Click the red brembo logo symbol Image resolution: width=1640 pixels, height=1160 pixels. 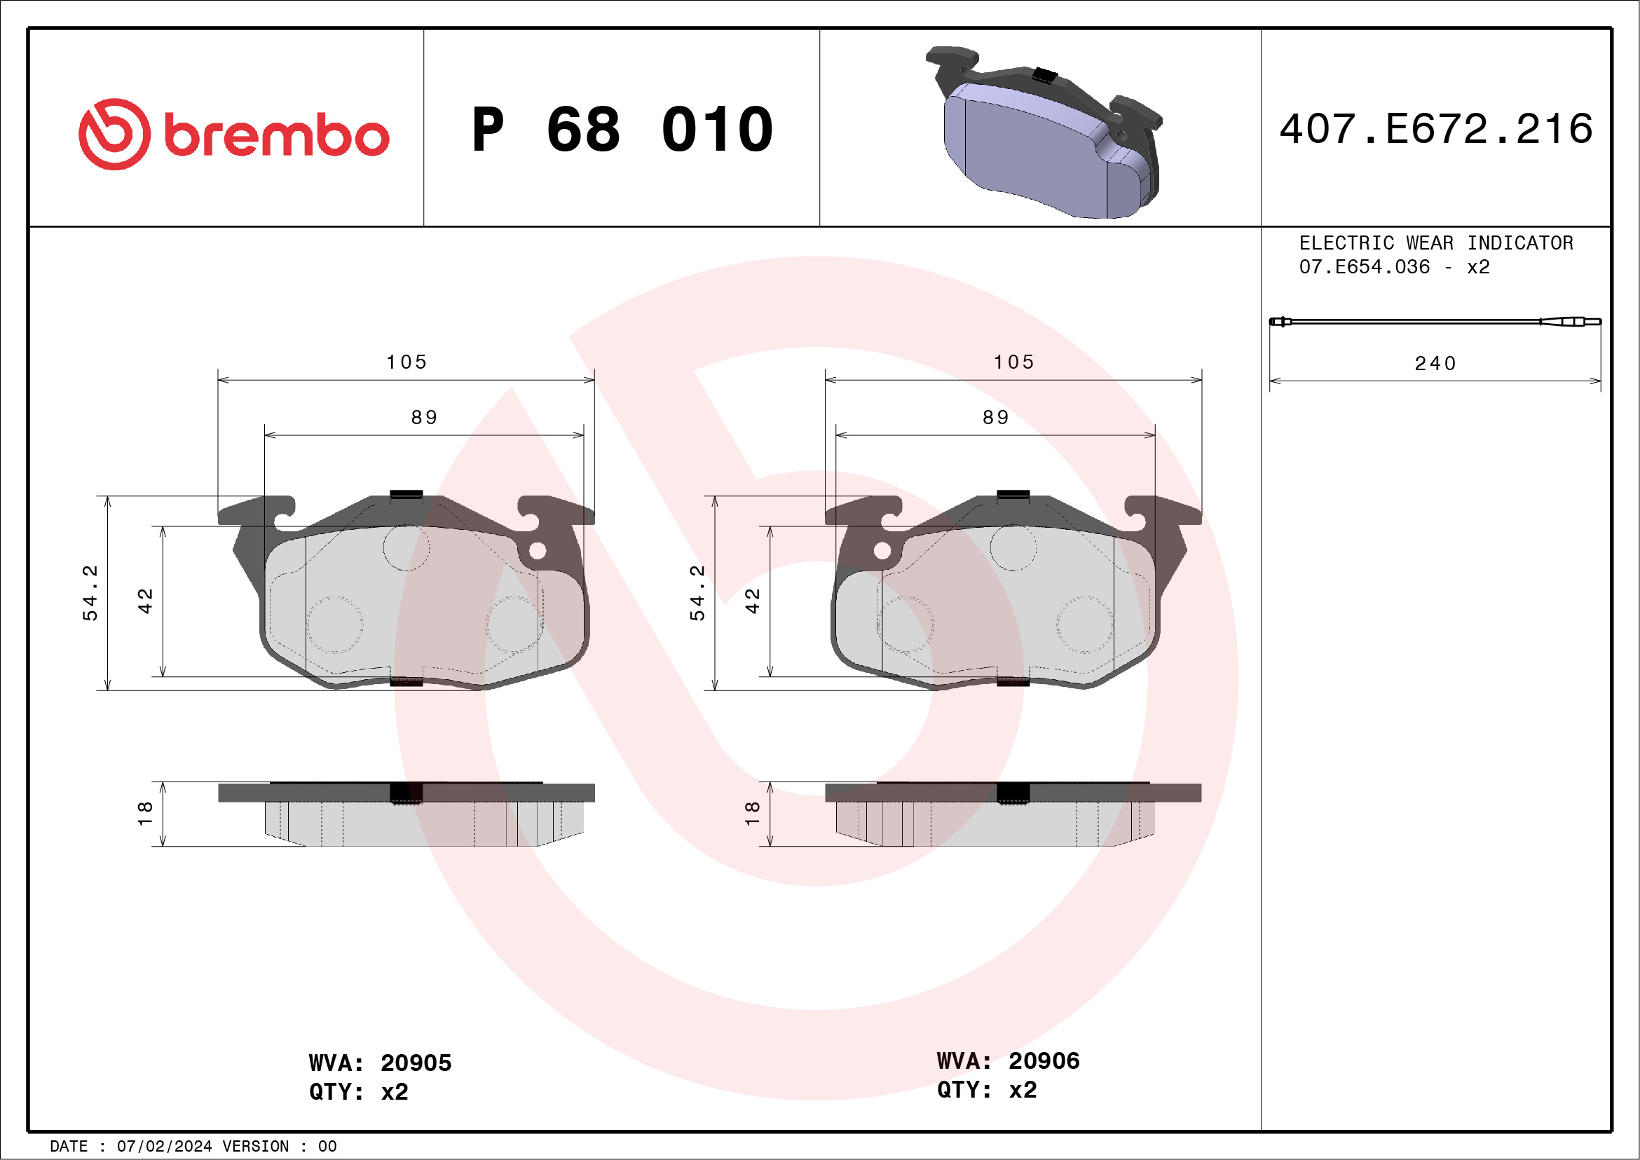point(114,135)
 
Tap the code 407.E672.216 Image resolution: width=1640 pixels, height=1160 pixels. point(1436,129)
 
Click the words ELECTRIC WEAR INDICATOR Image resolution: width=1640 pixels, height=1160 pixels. point(1436,243)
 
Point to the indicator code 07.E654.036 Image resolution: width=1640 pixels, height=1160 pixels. point(1365,267)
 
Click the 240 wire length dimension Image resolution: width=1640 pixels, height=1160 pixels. point(1435,364)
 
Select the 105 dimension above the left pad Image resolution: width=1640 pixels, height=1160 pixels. point(406,362)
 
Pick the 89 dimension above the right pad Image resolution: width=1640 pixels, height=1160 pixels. point(996,417)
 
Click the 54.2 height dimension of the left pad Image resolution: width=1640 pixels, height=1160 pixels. point(90,593)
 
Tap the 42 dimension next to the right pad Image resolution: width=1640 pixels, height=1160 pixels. point(752,601)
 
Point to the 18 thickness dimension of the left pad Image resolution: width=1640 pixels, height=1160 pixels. point(145,814)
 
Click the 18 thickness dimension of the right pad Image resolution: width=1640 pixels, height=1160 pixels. point(752,814)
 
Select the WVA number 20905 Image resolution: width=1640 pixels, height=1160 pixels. point(416,1063)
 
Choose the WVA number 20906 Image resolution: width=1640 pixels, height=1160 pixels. point(1044,1060)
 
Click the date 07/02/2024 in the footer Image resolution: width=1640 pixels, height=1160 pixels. point(164,1147)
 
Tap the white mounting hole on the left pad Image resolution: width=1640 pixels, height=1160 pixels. point(538,551)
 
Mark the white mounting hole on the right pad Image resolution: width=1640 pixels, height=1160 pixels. point(882,551)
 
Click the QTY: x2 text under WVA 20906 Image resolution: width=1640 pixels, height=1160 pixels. point(986,1090)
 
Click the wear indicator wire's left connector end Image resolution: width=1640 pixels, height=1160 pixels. point(1280,322)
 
